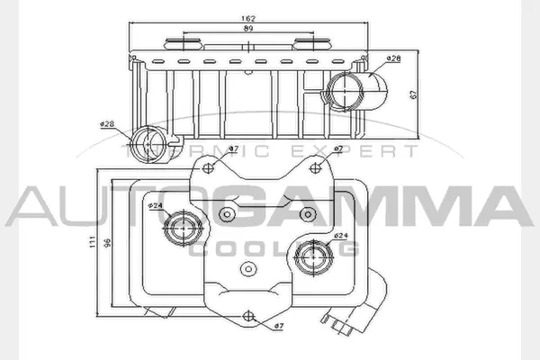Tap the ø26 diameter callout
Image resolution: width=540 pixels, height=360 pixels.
click(x=393, y=58)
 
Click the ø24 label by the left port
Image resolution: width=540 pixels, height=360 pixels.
click(x=155, y=204)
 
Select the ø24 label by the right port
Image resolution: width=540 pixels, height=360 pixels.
click(x=341, y=237)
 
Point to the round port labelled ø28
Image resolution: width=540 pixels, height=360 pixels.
click(x=149, y=143)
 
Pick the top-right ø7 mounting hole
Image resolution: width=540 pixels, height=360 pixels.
click(x=319, y=165)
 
